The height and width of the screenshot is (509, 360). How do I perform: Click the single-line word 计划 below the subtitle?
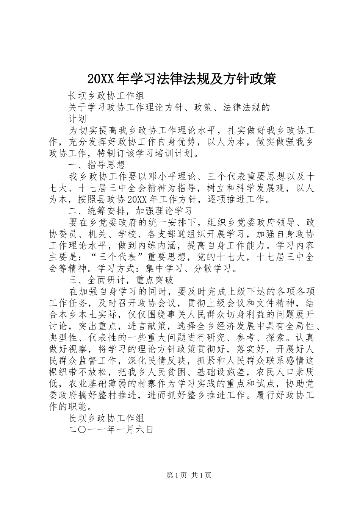pyautogui.click(x=77, y=119)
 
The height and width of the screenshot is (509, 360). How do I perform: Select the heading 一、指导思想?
pyautogui.click(x=96, y=165)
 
